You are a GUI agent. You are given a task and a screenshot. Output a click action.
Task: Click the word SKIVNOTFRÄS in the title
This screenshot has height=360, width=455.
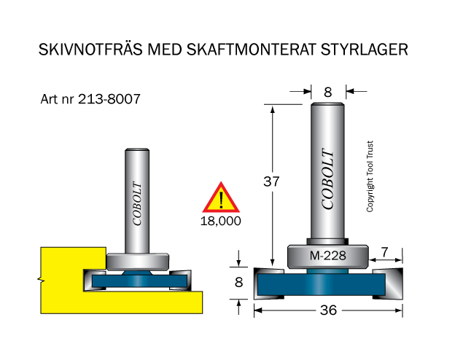point(90,49)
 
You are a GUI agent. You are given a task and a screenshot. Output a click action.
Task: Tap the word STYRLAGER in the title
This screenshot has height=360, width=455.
point(364,50)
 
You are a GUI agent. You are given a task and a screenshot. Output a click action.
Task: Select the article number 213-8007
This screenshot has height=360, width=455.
point(109,99)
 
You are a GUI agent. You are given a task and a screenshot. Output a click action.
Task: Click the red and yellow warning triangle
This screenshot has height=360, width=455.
point(221,197)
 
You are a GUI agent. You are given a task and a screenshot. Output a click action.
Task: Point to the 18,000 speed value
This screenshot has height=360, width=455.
point(221,221)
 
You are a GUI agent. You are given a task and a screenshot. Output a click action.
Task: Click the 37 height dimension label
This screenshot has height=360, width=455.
point(271,181)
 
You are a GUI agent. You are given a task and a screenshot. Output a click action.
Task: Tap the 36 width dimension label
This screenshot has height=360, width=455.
point(328,310)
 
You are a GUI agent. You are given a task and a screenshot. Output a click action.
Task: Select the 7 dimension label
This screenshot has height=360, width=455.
point(385,252)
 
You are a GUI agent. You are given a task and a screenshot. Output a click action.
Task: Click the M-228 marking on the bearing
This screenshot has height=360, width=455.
point(328,256)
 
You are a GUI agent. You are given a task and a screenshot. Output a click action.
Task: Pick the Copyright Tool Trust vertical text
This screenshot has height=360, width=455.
point(370,176)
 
